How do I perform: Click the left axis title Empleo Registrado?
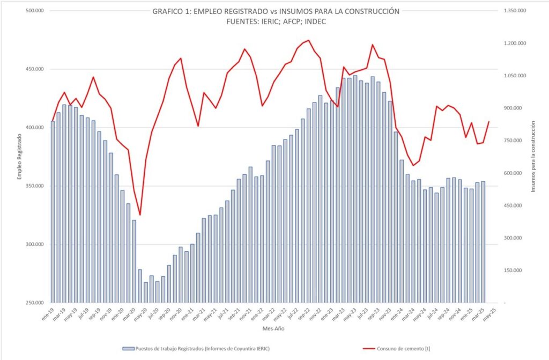pyautogui.click(x=19, y=157)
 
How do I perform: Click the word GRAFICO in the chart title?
pyautogui.click(x=168, y=11)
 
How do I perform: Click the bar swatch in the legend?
pyautogui.click(x=128, y=349)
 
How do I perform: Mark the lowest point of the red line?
pyautogui.click(x=140, y=215)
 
